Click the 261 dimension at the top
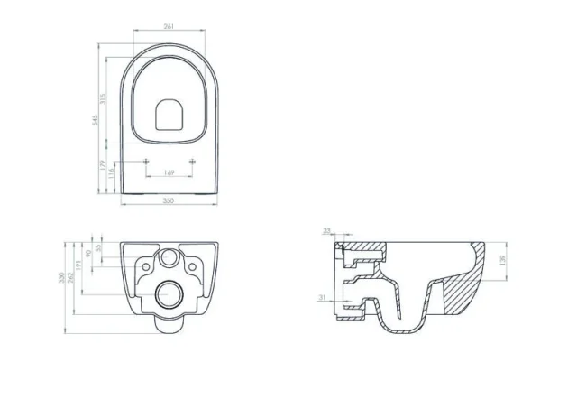169,26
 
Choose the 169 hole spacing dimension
169,172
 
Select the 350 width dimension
169,201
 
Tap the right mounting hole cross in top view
192,160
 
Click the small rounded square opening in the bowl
169,115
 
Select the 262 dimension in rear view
71,278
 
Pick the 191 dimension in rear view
80,264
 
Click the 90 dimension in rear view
88,254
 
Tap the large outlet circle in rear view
169,293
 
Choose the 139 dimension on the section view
502,260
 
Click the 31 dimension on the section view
321,298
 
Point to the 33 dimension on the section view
327,231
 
